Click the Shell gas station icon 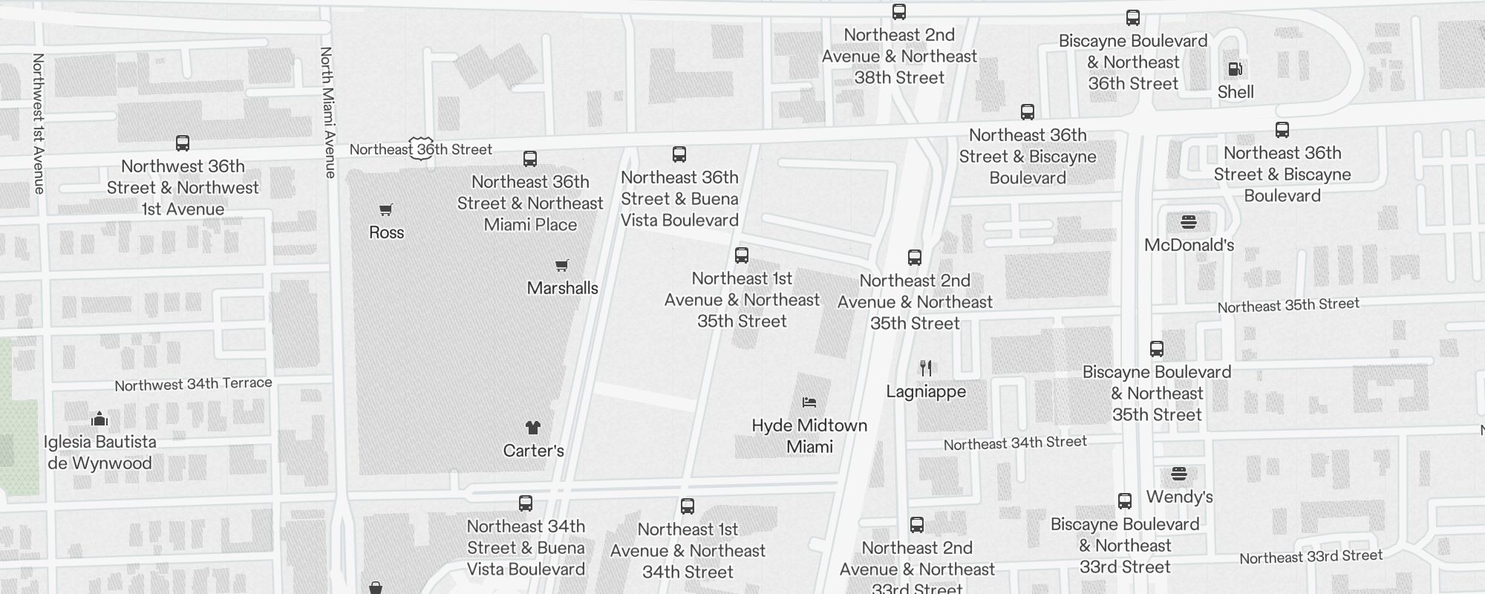(1236, 70)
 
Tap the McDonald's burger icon (1189, 222)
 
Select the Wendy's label (1179, 497)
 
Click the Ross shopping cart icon (386, 210)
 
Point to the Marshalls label (562, 288)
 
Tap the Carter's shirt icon (533, 428)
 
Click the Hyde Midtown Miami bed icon (809, 402)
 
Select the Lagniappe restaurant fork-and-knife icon (926, 368)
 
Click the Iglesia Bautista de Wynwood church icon (99, 419)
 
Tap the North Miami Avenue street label (327, 113)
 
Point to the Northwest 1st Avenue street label (39, 123)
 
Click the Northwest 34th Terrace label (193, 384)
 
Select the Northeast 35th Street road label (1288, 305)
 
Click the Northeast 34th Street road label (1015, 443)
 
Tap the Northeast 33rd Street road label (1311, 557)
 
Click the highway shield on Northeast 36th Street (421, 148)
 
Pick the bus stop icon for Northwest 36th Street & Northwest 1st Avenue (183, 143)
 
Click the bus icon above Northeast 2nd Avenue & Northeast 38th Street (899, 12)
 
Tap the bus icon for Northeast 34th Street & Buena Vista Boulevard (526, 503)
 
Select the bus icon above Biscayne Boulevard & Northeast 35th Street (1157, 349)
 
